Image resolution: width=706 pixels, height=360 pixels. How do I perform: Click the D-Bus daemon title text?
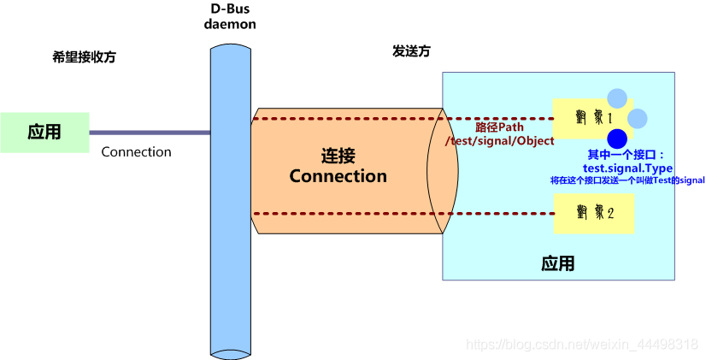[230, 16]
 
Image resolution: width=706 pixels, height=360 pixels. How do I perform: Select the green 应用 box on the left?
[44, 133]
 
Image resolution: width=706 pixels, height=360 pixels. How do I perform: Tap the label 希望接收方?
[84, 57]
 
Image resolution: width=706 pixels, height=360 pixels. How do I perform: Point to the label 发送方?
[411, 51]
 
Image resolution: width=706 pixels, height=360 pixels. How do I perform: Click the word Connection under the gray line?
[136, 152]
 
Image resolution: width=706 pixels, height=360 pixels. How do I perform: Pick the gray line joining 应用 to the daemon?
[150, 133]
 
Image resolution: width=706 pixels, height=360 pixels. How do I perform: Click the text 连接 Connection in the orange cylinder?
[338, 167]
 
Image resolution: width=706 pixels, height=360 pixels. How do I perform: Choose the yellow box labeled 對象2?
[593, 212]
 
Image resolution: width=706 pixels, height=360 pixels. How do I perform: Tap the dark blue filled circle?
[617, 139]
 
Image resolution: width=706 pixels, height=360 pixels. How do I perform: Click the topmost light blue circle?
[616, 98]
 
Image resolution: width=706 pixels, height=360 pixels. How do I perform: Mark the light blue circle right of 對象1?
[638, 118]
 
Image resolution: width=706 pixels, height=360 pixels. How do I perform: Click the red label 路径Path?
[499, 127]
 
